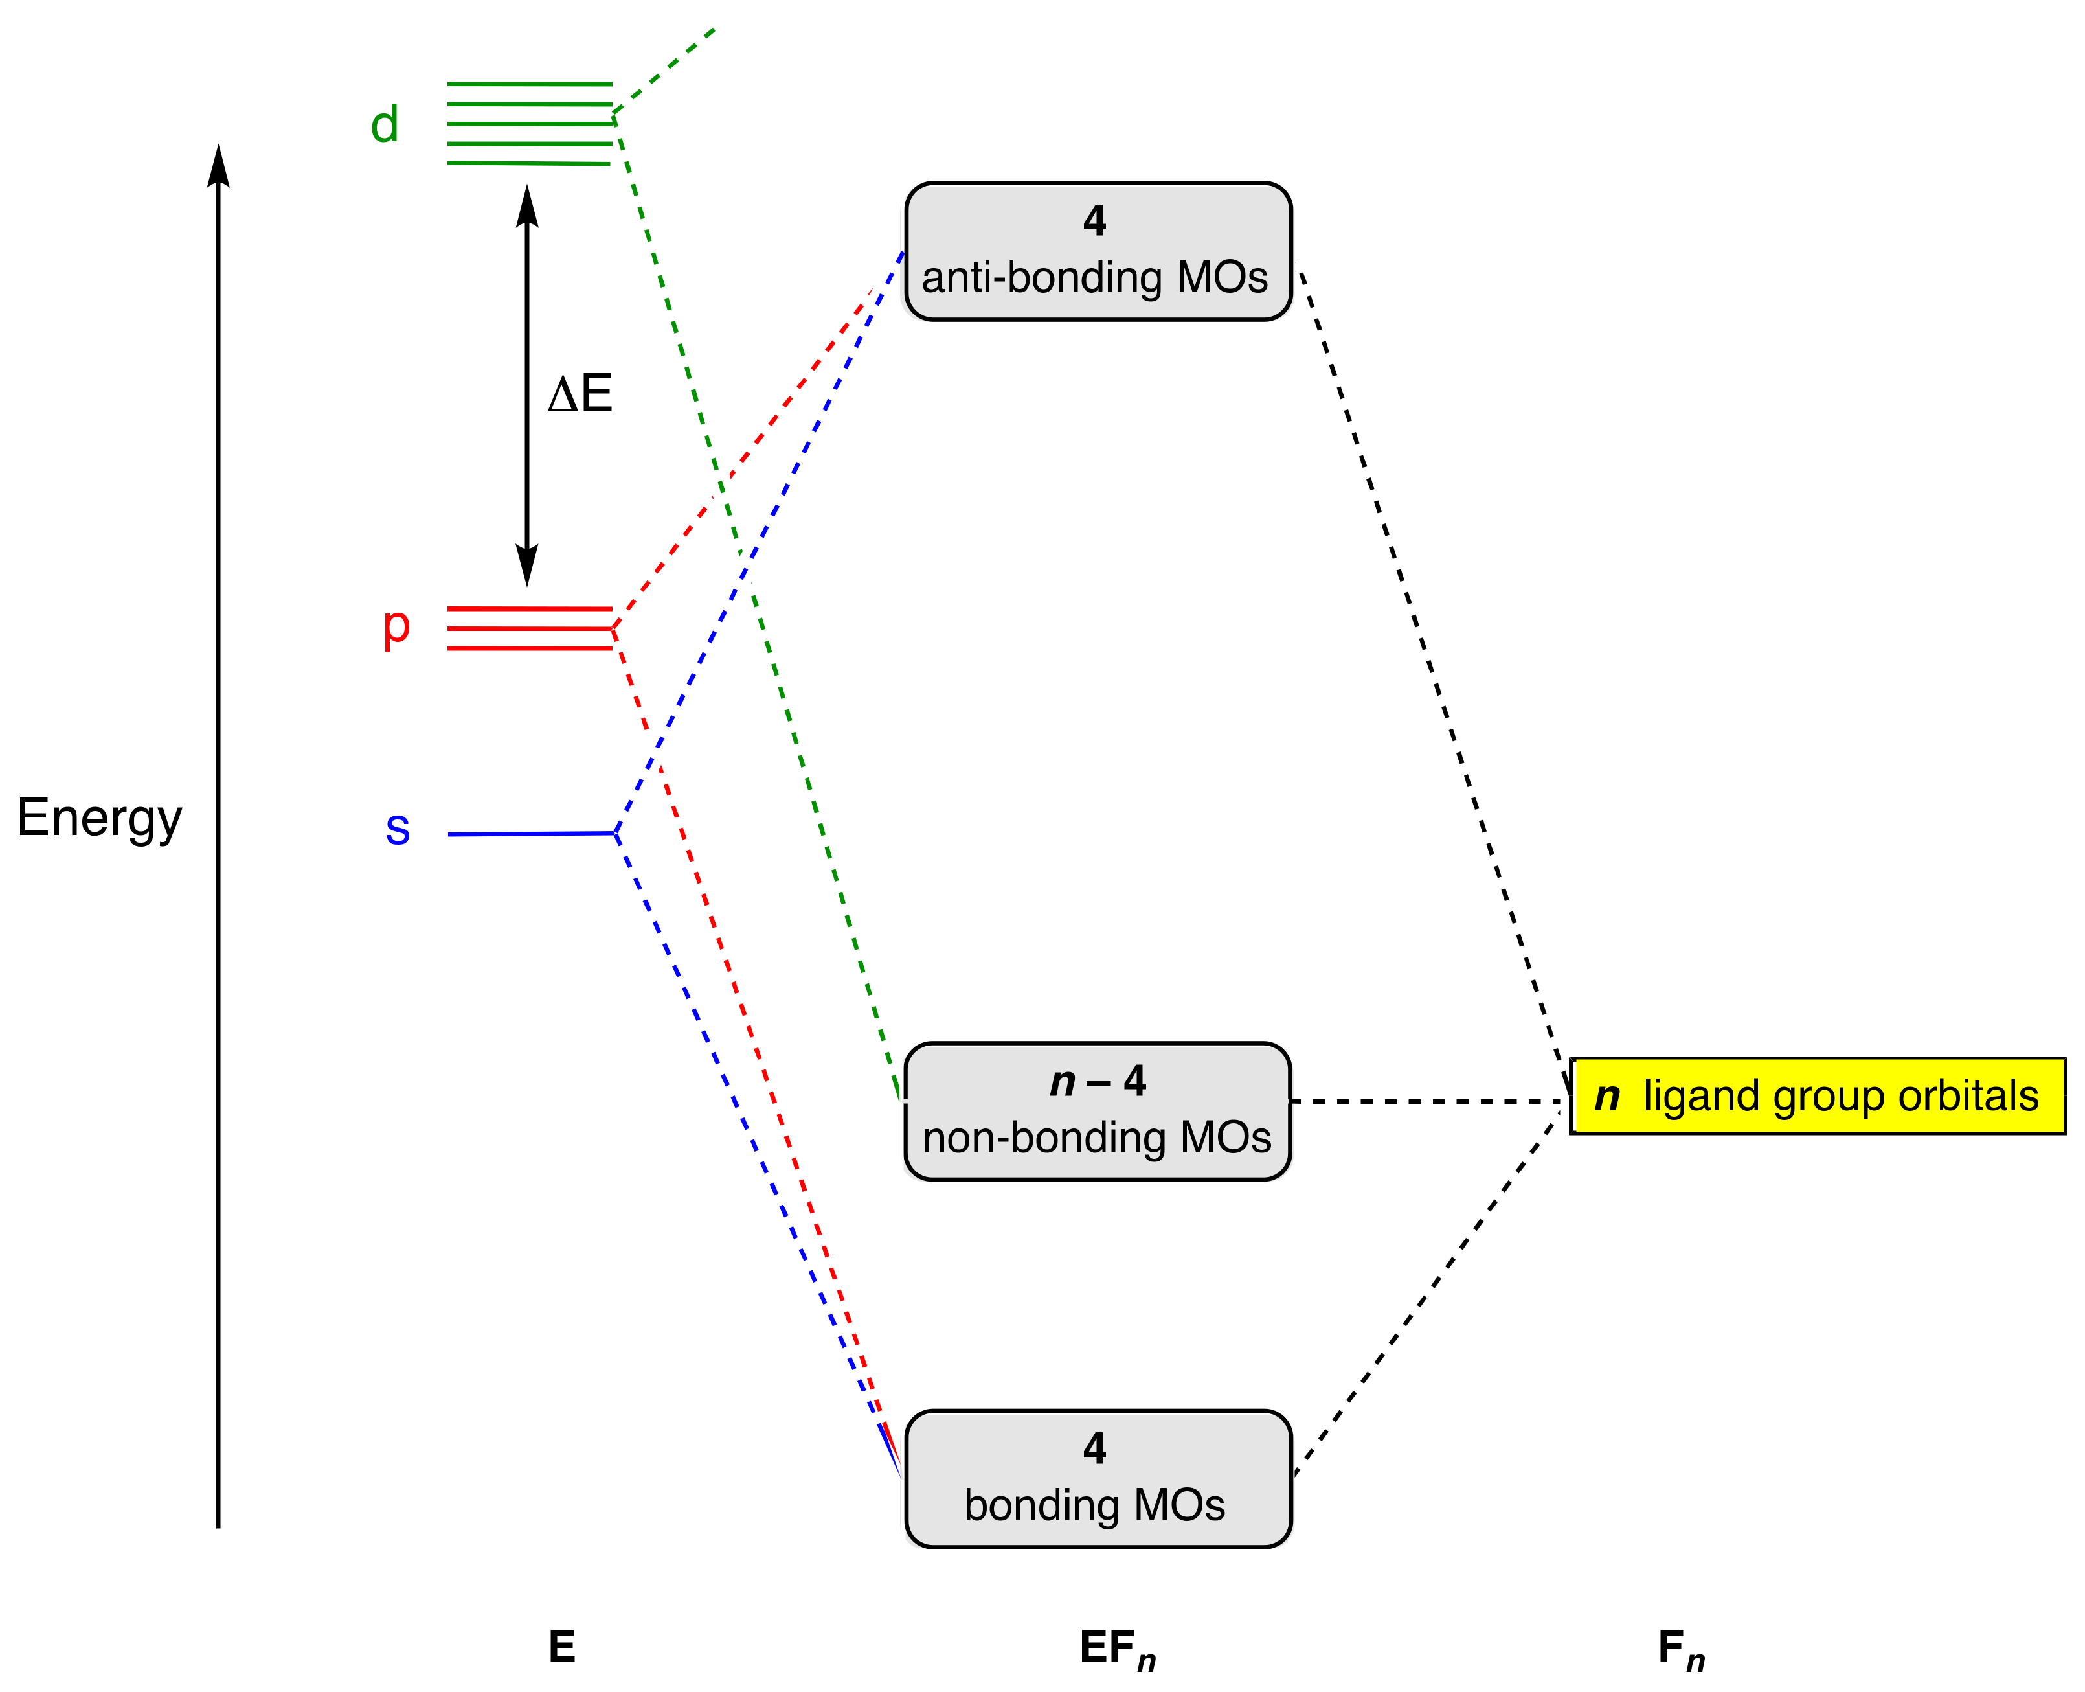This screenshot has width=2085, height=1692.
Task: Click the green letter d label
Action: (384, 125)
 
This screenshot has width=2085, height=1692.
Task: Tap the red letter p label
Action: (396, 628)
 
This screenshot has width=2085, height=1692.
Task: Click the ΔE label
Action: (580, 394)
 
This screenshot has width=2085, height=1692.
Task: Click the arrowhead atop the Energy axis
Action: (218, 166)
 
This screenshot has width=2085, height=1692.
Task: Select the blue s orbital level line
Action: (531, 833)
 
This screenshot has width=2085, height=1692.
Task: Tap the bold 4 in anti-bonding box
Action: (1094, 222)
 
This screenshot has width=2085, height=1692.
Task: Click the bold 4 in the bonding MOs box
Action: (1094, 1448)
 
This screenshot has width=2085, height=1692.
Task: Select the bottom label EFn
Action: (1116, 1648)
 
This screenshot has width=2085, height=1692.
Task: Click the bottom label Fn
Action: (1681, 1648)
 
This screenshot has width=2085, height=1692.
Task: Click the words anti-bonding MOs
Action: (1094, 278)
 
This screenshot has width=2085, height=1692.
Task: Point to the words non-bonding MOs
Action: (1096, 1138)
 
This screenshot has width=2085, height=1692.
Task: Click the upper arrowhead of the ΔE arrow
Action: (527, 205)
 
